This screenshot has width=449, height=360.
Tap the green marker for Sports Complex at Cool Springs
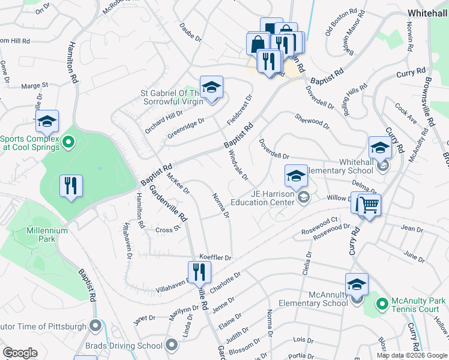click(68, 143)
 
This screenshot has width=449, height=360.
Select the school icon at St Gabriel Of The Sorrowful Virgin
click(211, 88)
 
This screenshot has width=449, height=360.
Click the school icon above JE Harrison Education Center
click(295, 176)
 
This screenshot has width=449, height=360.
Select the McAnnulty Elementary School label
click(309, 299)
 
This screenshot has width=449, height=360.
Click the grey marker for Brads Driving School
click(172, 345)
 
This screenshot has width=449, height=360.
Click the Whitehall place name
click(427, 13)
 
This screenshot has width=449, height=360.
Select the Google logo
click(20, 353)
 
